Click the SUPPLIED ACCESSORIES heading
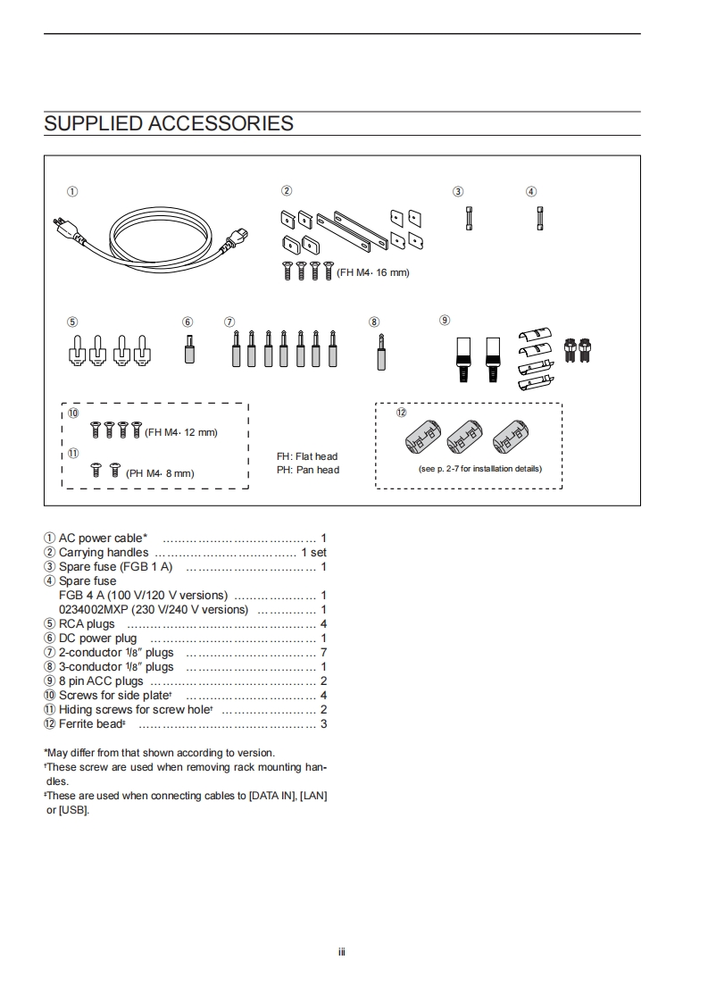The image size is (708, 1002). coord(169,123)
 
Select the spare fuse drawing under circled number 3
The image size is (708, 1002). coord(469,219)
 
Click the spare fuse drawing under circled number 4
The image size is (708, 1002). coord(538,219)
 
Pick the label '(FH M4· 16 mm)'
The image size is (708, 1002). coord(372,272)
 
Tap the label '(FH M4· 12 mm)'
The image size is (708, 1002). coord(181,432)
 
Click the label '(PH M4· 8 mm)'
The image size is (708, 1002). coord(160,473)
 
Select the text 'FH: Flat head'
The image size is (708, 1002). coord(307,456)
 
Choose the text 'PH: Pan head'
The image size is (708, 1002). coord(308,470)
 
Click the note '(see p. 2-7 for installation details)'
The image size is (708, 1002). coord(479,469)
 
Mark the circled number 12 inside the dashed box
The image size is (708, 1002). coord(402,413)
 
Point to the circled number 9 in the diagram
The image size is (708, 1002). coord(445,320)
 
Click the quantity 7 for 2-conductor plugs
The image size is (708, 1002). coord(323,652)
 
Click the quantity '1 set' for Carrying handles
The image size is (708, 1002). coord(313,552)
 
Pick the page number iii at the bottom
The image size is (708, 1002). coord(341,951)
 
